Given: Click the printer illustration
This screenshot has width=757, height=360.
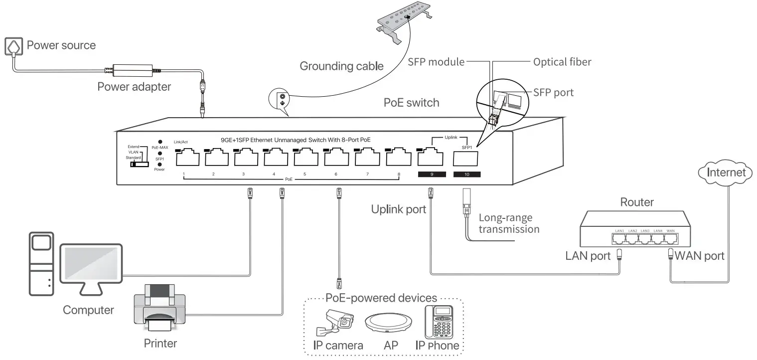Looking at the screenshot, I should click(x=159, y=308).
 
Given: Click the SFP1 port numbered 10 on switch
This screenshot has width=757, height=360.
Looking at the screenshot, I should click(x=465, y=158).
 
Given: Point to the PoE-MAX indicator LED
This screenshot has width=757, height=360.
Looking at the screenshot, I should click(x=160, y=142).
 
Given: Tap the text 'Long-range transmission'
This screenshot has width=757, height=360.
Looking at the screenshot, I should click(x=508, y=223).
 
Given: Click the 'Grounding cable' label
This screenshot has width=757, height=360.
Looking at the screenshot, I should click(x=341, y=66).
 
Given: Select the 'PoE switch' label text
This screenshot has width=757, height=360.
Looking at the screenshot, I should click(x=411, y=103).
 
